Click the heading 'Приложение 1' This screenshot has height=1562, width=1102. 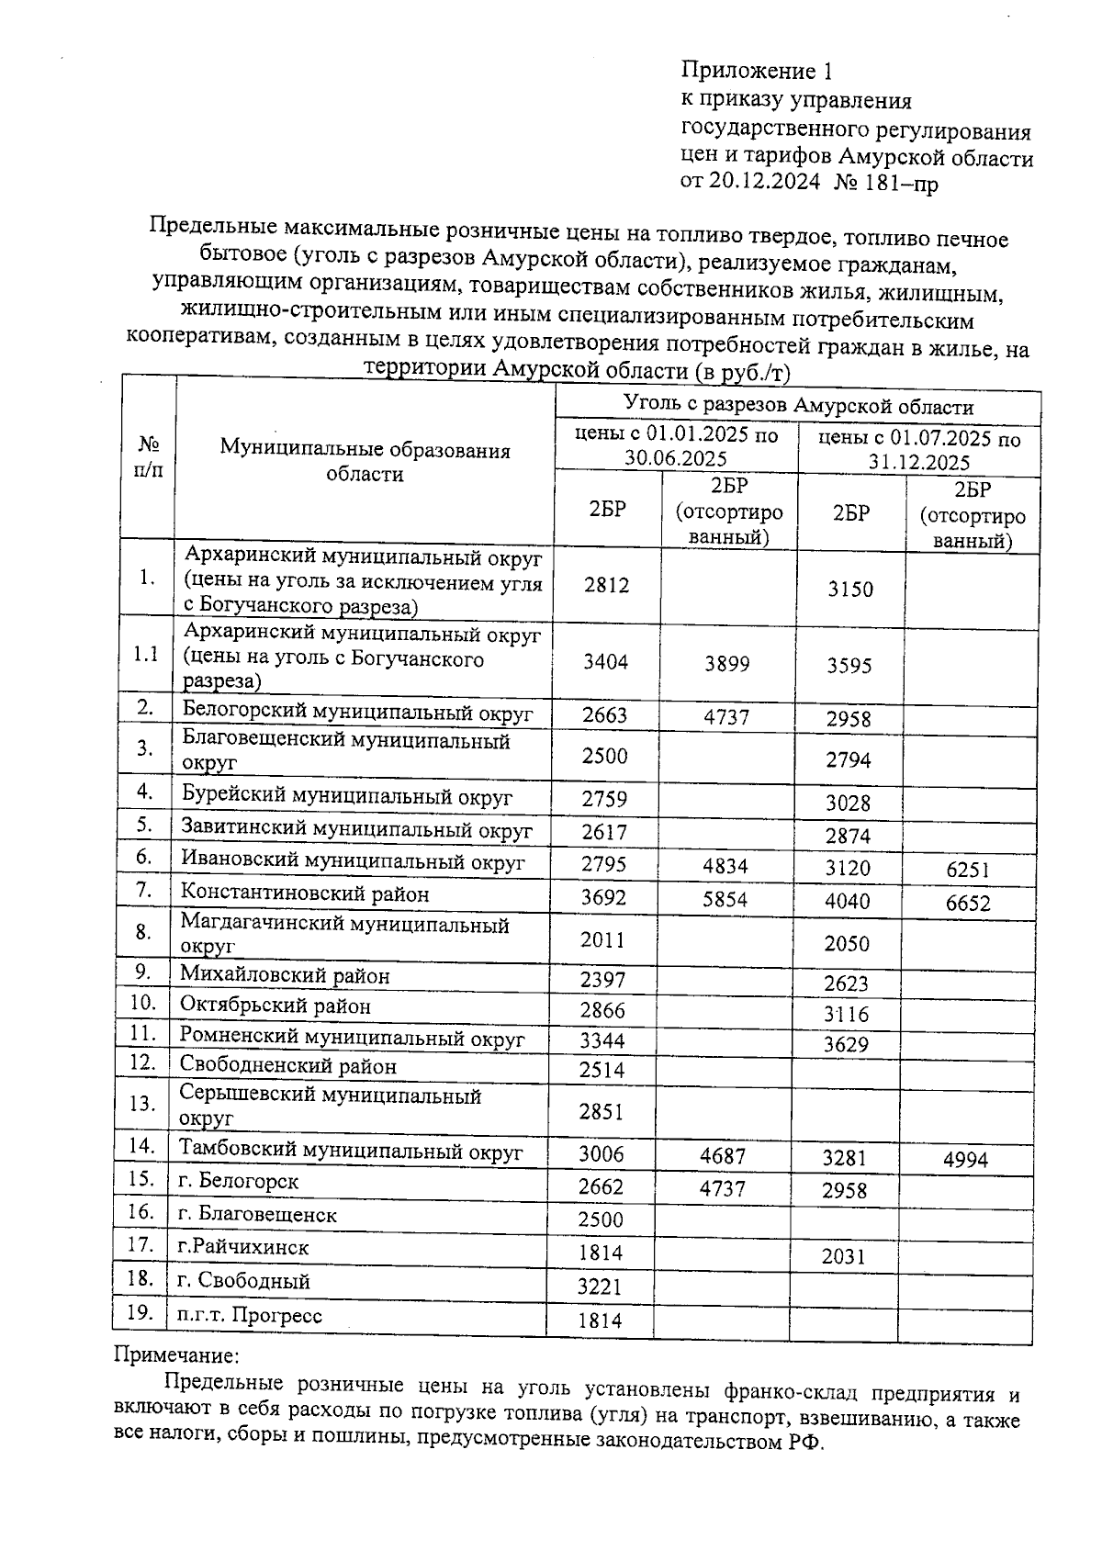point(757,71)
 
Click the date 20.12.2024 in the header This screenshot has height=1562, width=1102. point(765,183)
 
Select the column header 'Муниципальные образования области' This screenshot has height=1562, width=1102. point(365,462)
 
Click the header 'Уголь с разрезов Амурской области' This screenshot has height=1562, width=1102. point(798,406)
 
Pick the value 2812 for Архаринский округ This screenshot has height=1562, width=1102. point(606,585)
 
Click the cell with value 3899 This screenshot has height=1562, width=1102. point(726,664)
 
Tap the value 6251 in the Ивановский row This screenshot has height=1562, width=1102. point(968,870)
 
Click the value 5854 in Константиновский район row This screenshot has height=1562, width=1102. point(725,899)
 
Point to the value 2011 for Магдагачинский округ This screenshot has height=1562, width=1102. point(602,939)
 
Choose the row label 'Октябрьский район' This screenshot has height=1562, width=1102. point(275,1006)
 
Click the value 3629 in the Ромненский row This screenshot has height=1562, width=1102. point(846,1045)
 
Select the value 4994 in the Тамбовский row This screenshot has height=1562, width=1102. point(965,1160)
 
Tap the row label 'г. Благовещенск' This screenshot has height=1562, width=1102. point(258,1215)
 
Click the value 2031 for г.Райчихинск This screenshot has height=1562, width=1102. point(844,1255)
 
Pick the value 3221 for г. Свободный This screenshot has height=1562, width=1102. point(600,1287)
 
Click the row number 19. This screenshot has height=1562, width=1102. point(140,1312)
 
